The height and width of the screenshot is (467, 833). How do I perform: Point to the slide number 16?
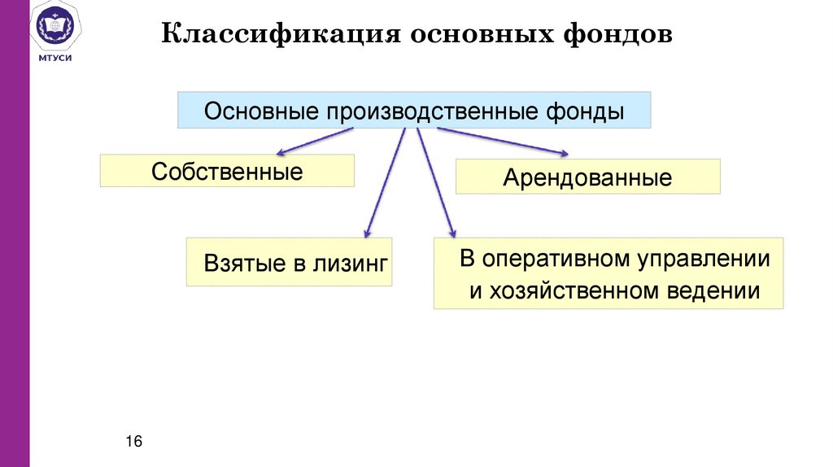[x=134, y=441]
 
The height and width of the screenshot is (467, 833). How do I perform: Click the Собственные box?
[x=227, y=172]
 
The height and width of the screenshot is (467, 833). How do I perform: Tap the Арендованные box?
[x=587, y=177]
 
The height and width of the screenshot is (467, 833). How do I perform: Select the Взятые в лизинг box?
[x=289, y=262]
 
